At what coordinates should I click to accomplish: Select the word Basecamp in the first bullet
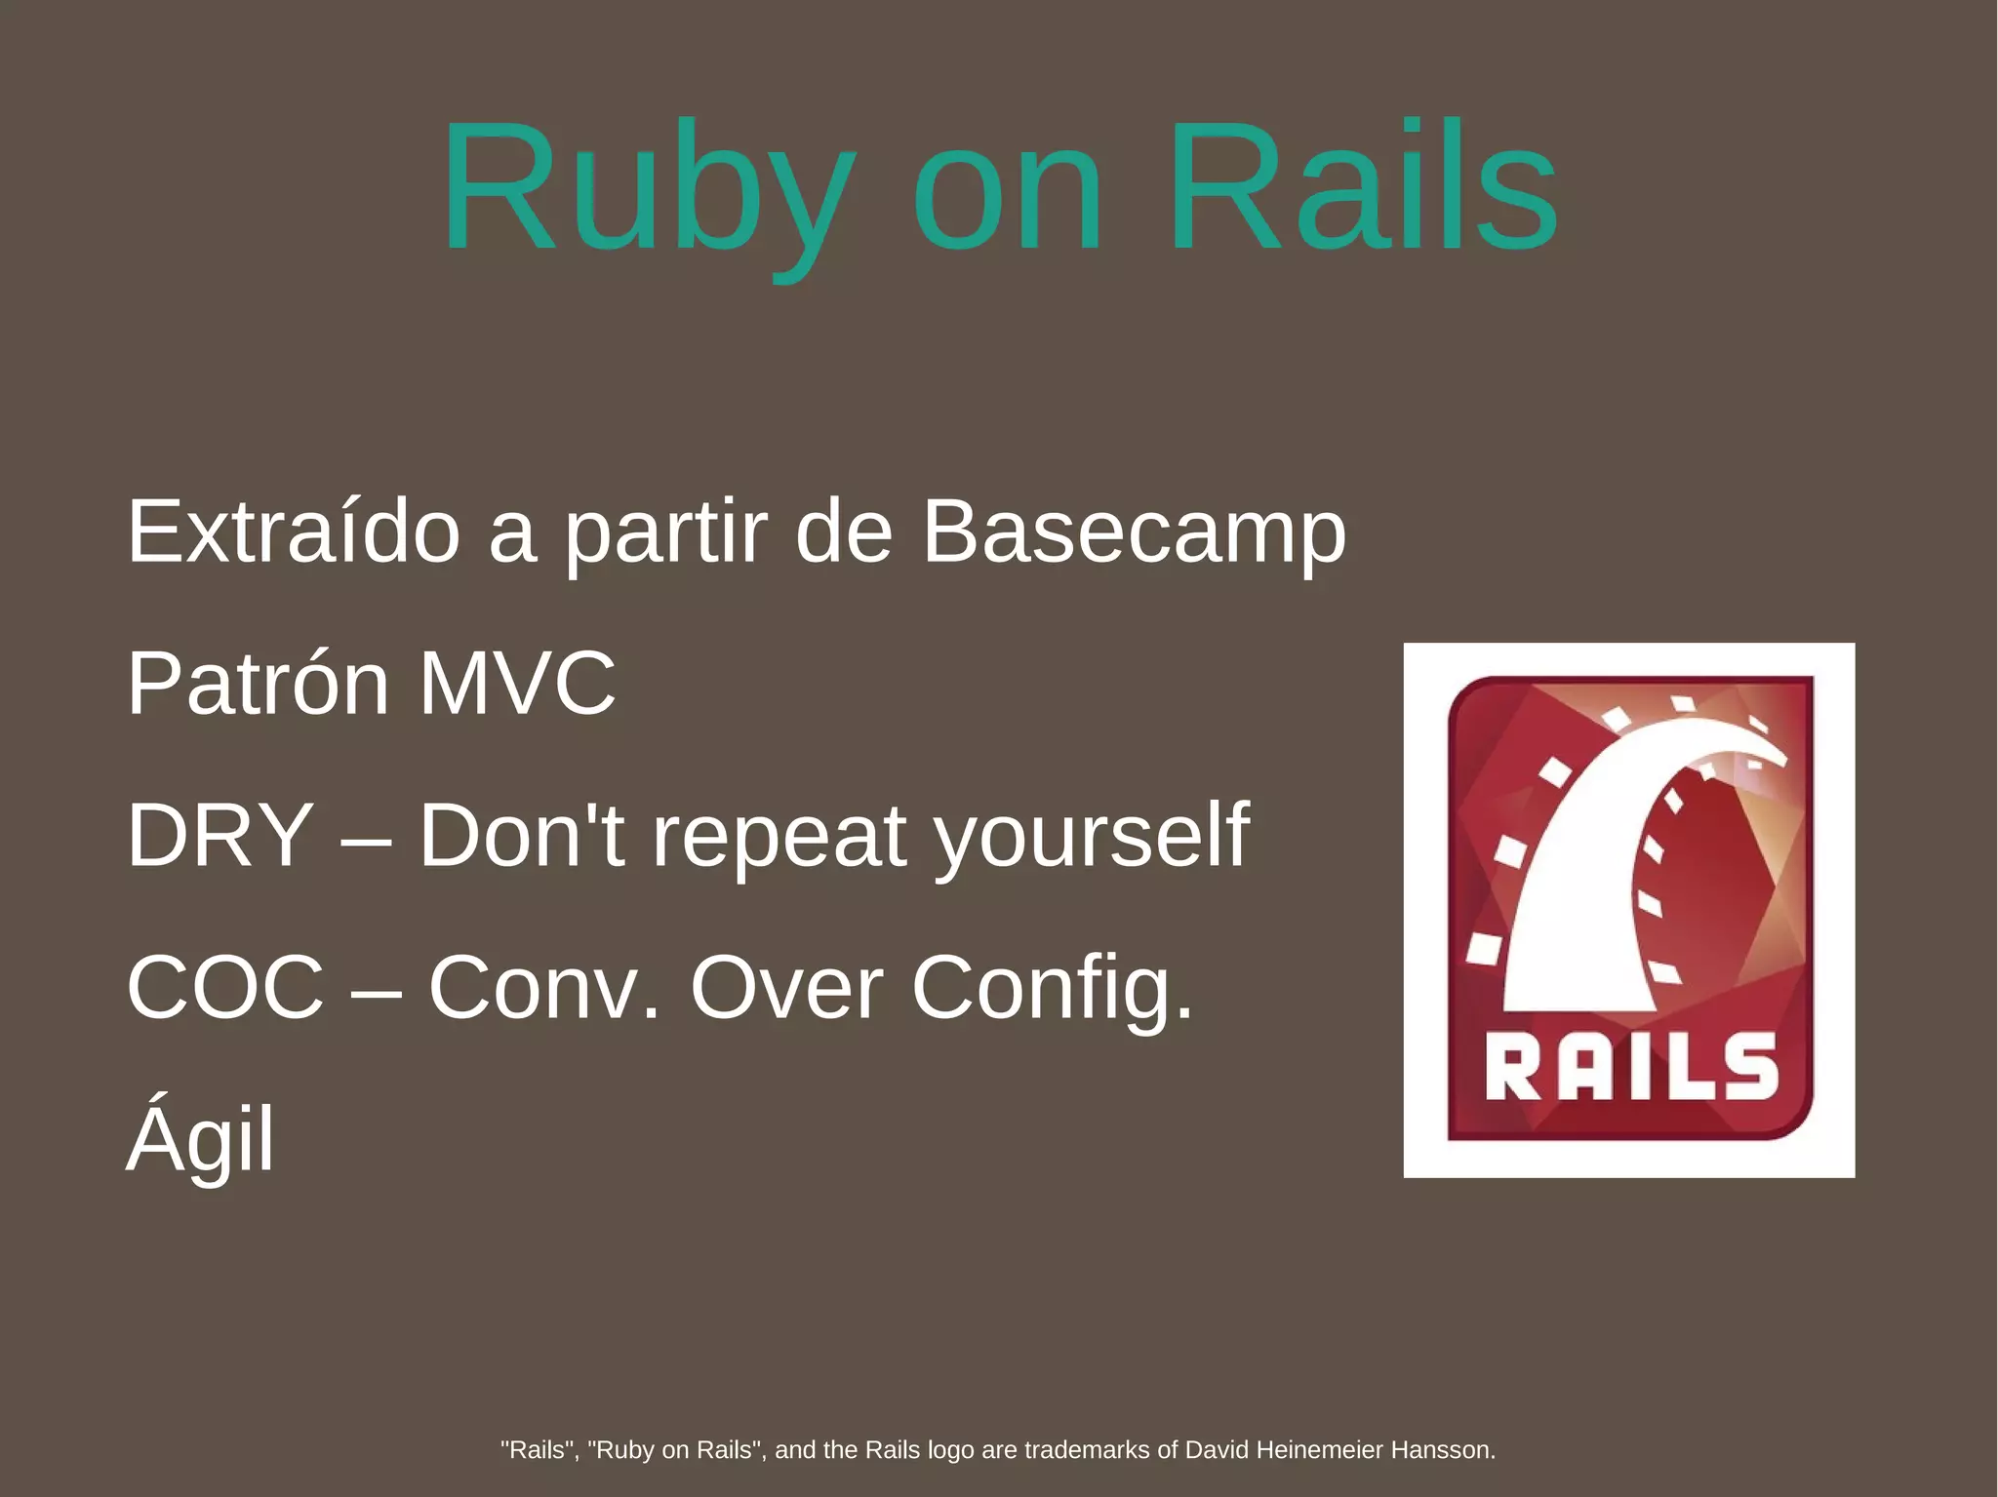click(1134, 532)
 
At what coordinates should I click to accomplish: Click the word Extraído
click(294, 531)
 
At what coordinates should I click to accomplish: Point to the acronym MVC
click(517, 684)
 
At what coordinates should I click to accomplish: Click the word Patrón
click(259, 684)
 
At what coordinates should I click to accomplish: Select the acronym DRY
click(220, 835)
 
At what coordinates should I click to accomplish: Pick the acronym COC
click(225, 987)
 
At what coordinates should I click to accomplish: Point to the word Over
click(786, 987)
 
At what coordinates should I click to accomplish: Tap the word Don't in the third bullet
click(522, 835)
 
